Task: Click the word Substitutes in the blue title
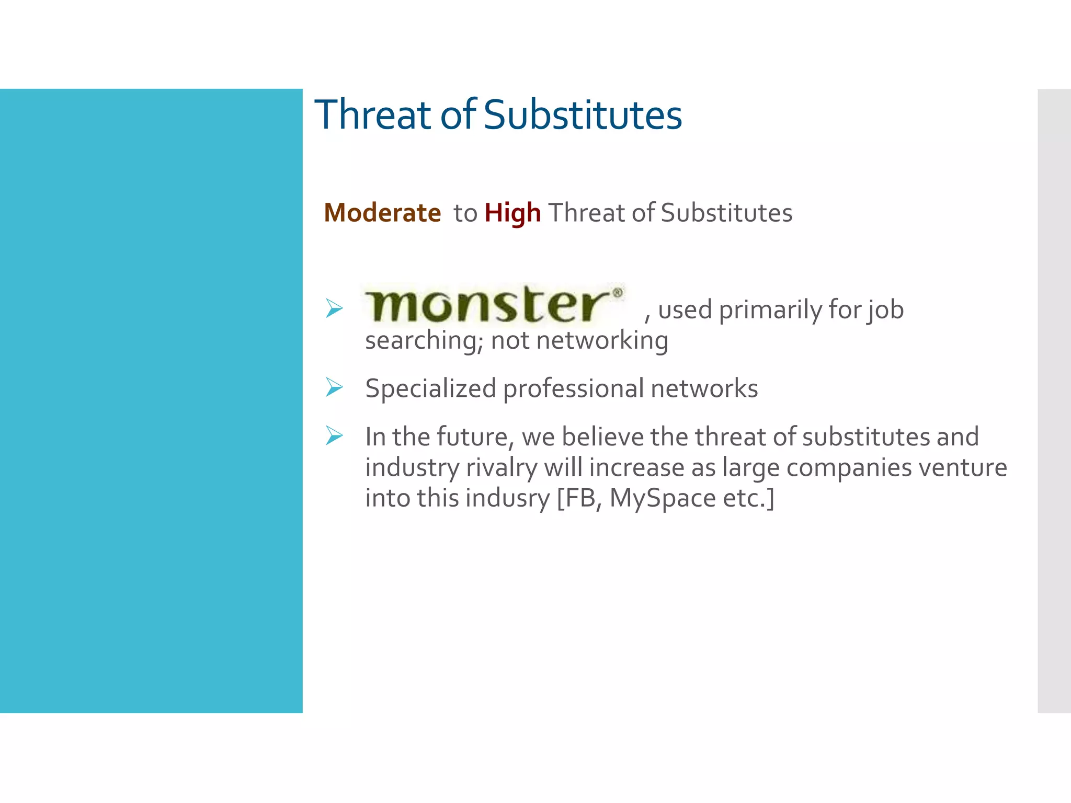pos(583,115)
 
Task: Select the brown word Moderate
pos(382,213)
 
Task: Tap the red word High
pos(512,213)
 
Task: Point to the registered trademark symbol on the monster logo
pos(618,292)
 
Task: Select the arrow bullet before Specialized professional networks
pos(334,387)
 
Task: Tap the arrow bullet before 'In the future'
pos(334,435)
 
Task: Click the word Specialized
pos(430,389)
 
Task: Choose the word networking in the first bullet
pos(602,341)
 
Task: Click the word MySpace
pos(662,498)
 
